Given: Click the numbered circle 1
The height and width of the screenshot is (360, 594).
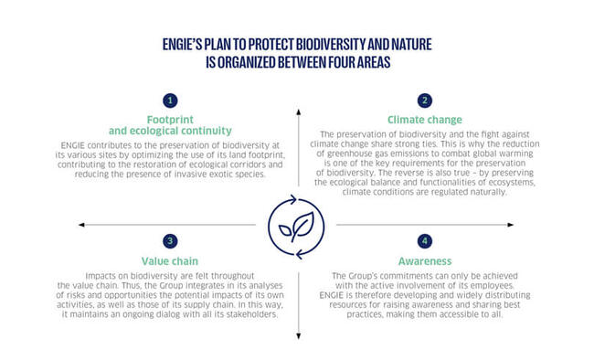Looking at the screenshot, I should (x=170, y=100).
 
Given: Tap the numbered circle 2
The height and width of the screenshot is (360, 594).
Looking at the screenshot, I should (x=424, y=100).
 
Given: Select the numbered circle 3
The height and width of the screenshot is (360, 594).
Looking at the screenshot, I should (x=170, y=241).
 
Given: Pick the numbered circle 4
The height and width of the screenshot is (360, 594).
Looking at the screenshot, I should (x=424, y=241).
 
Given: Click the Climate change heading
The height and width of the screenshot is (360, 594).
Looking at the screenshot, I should (x=424, y=119).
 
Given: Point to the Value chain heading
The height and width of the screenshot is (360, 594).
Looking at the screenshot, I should (x=170, y=259).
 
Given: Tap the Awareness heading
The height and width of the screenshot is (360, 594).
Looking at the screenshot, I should (x=424, y=259).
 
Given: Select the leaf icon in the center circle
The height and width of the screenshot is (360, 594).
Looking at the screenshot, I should (x=297, y=225).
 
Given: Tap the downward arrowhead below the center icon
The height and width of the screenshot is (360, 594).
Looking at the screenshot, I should (x=297, y=338).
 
